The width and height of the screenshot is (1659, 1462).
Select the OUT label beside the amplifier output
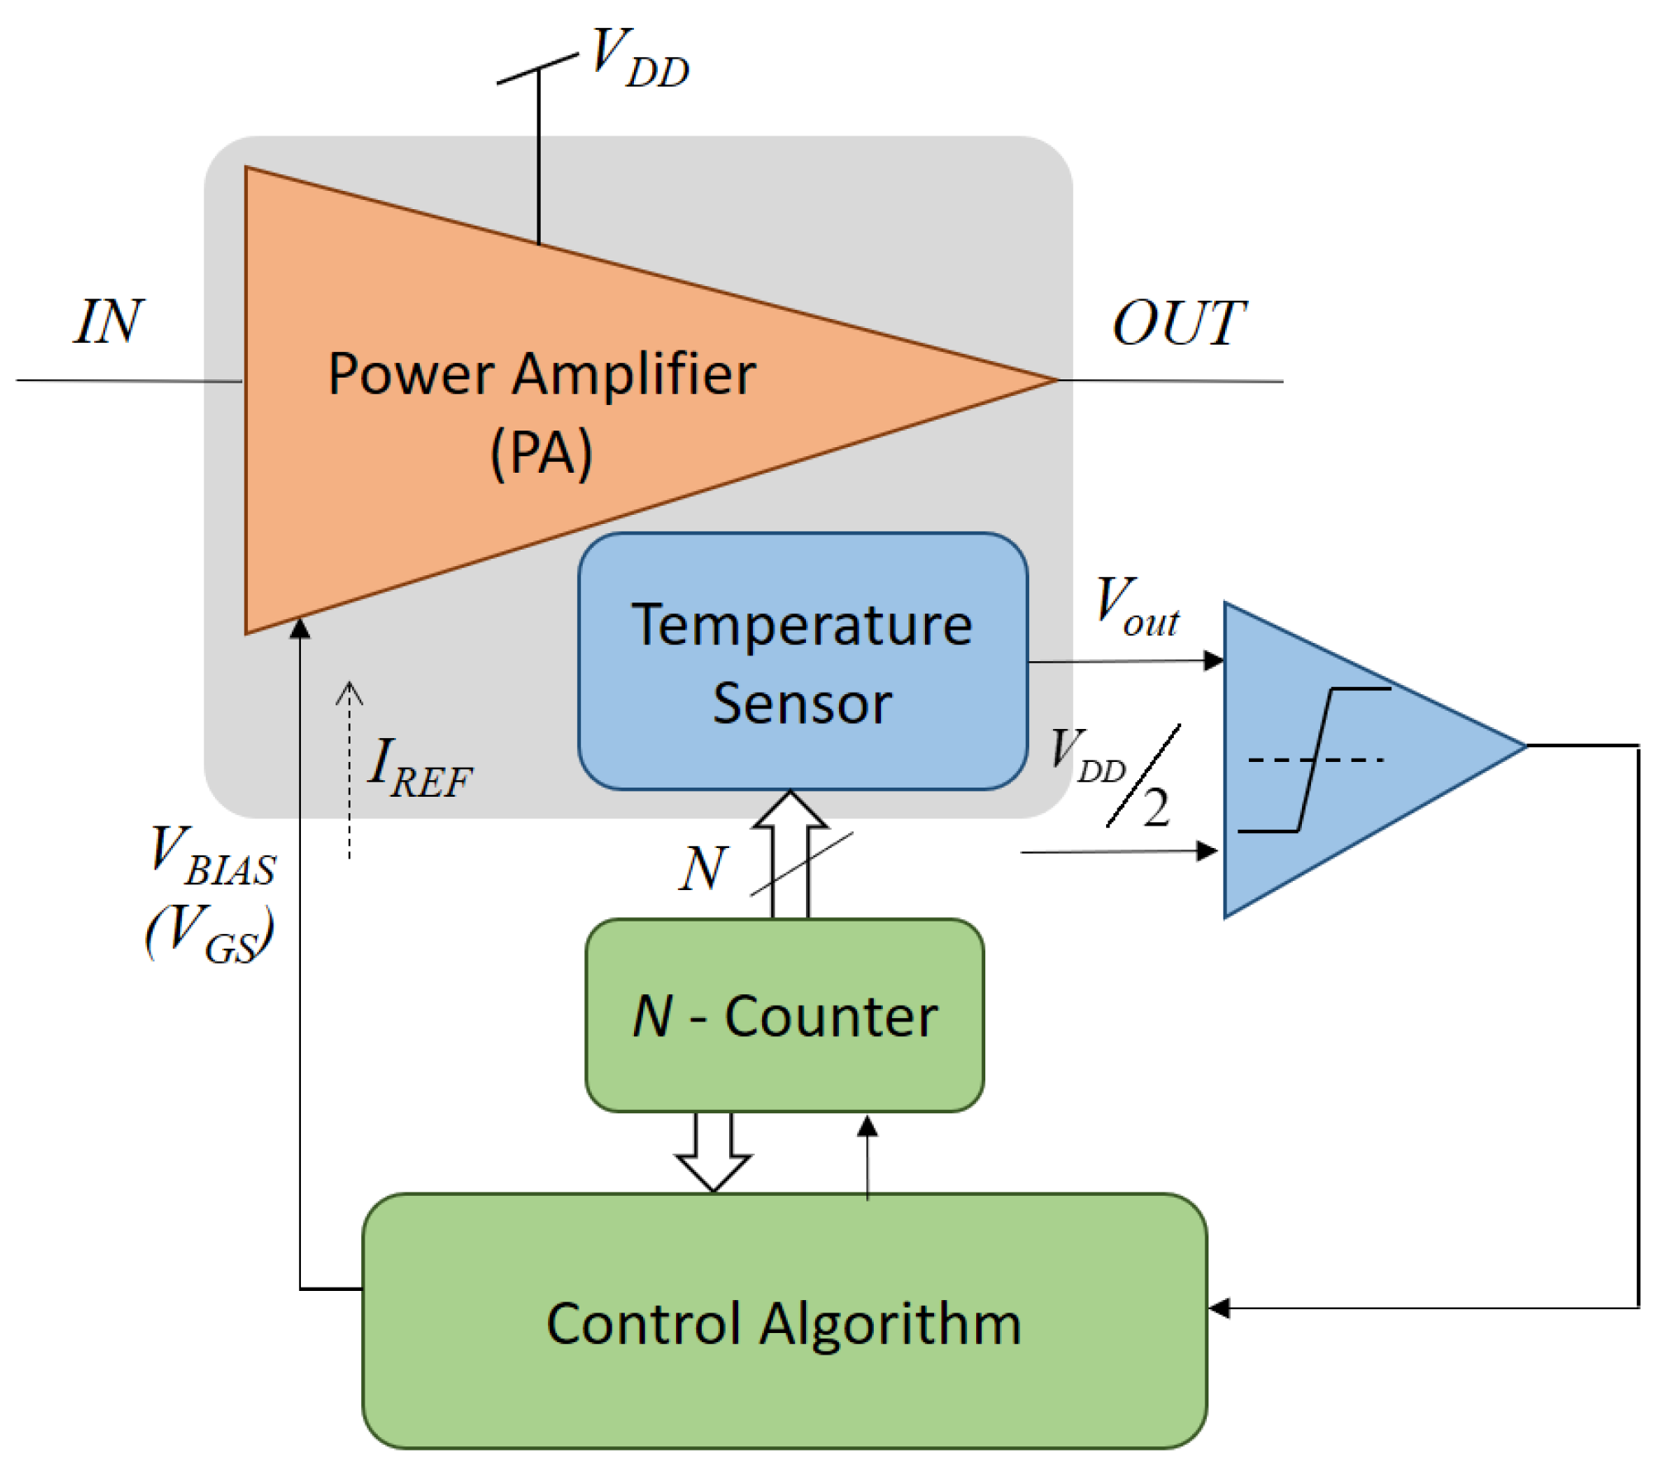(x=1177, y=323)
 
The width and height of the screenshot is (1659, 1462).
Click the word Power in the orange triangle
(x=411, y=374)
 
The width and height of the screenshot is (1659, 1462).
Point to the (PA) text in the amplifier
(x=541, y=453)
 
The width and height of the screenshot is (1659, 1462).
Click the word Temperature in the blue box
(x=801, y=626)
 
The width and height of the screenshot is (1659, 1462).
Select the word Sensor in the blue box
(x=801, y=704)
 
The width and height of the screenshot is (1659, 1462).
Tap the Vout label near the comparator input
(x=1136, y=607)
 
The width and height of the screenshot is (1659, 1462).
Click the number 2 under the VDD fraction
(x=1156, y=807)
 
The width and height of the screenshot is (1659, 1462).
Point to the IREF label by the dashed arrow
(x=418, y=769)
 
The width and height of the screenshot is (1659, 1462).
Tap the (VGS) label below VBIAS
(x=210, y=933)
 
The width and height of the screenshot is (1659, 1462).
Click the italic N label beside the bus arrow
(x=703, y=869)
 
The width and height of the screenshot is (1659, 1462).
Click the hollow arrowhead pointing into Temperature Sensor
(x=790, y=810)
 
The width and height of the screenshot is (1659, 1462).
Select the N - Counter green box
(x=784, y=1016)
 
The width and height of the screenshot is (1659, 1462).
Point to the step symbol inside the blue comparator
(x=1314, y=760)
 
